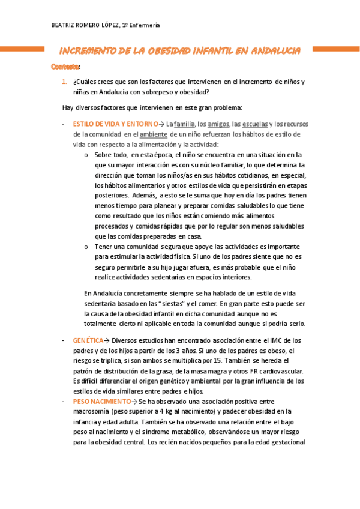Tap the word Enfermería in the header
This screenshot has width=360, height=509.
(145, 25)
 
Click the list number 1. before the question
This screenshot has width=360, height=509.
(65, 82)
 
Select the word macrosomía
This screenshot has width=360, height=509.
(90, 411)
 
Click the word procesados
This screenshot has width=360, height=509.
(113, 226)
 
